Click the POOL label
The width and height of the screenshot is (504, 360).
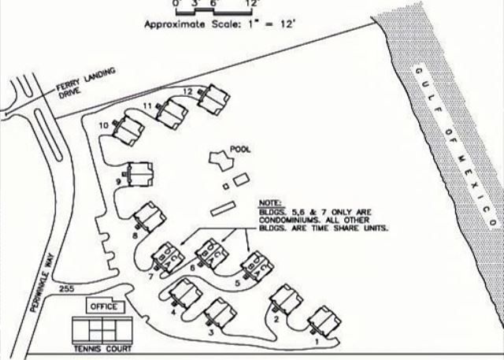click(x=240, y=148)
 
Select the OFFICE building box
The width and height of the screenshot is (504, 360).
click(x=103, y=306)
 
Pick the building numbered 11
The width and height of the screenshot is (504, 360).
click(x=172, y=113)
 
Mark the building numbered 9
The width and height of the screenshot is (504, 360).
click(x=140, y=173)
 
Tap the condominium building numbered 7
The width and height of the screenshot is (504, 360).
click(x=168, y=255)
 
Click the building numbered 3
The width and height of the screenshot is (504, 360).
click(x=219, y=314)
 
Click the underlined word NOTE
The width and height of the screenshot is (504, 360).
click(x=269, y=202)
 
